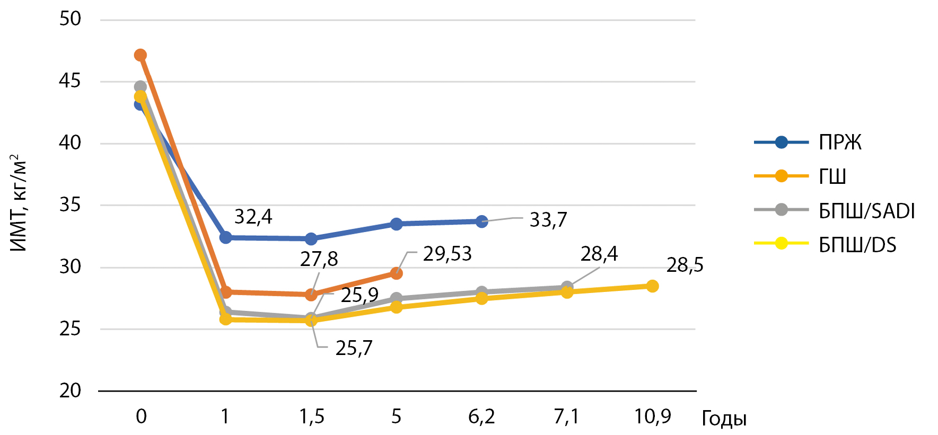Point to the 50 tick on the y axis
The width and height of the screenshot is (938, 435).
tap(70, 19)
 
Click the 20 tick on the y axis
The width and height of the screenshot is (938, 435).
tap(70, 391)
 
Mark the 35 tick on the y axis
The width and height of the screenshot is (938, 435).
tap(70, 205)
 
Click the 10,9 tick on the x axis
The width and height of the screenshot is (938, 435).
tap(653, 416)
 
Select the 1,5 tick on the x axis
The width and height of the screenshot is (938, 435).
tap(312, 416)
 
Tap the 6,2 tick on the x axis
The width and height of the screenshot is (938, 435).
tap(481, 416)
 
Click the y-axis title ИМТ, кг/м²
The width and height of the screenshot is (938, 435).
tap(17, 203)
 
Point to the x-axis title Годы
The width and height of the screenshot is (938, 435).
tap(724, 419)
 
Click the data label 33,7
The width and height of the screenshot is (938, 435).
tap(548, 219)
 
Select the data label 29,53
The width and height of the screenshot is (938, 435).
tap(447, 254)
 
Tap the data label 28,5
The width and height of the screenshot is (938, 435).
tap(685, 264)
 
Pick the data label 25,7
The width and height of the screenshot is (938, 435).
tap(354, 348)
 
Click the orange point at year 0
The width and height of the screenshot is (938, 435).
tap(141, 55)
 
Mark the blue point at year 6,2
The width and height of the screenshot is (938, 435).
tap(481, 221)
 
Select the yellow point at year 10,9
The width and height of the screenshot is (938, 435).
tap(653, 286)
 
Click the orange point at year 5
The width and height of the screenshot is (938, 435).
tap(397, 273)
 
